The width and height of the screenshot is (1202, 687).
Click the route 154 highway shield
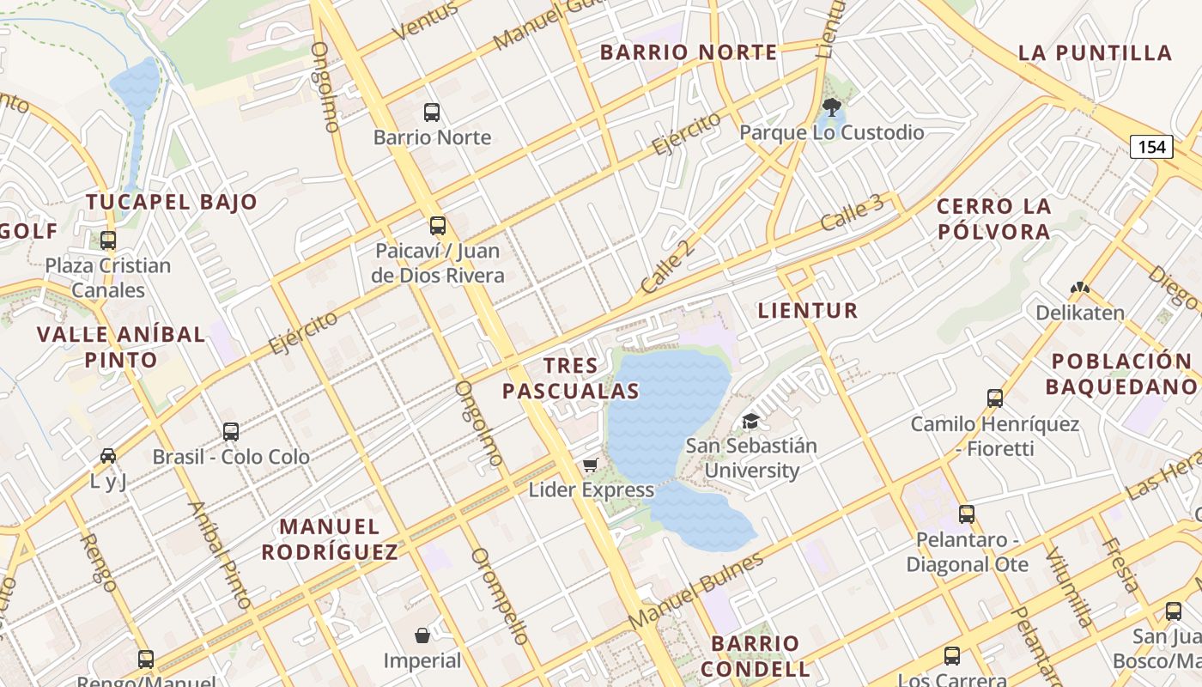click(x=1150, y=147)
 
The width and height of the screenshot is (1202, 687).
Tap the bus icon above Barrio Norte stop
click(x=432, y=112)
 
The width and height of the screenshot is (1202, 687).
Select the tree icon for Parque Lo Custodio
click(x=831, y=107)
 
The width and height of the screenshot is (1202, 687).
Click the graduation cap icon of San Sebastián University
click(x=751, y=421)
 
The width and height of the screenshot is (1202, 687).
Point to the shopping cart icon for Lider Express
click(x=590, y=465)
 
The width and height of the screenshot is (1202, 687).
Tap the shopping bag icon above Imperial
click(x=422, y=635)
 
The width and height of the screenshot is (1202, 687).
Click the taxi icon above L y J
click(x=108, y=456)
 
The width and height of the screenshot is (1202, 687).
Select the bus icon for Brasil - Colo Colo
click(x=231, y=431)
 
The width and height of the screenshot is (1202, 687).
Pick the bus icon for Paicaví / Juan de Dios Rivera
click(x=438, y=226)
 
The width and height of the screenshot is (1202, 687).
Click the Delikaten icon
click(x=1080, y=289)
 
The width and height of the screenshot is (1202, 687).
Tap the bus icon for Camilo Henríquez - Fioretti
click(x=995, y=398)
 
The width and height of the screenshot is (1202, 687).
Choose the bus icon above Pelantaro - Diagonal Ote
click(x=967, y=514)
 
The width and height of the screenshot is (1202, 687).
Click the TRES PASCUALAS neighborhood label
click(x=571, y=379)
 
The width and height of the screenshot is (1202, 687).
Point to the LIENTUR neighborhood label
click(x=808, y=311)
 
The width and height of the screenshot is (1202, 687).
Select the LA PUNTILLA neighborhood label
click(x=1095, y=53)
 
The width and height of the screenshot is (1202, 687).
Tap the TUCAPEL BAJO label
click(x=172, y=203)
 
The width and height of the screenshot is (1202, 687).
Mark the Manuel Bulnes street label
click(x=695, y=592)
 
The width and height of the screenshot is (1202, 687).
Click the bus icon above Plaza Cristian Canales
click(x=108, y=240)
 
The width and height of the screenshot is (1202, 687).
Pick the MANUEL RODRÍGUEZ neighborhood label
click(x=330, y=538)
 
